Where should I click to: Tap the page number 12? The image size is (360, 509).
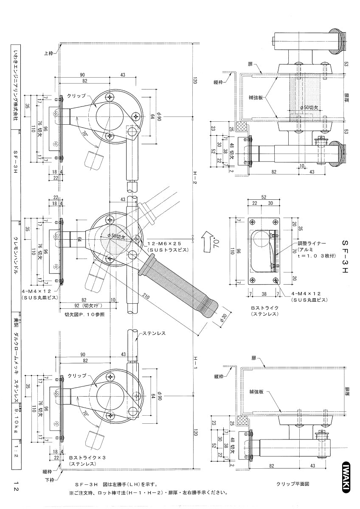point(15,486)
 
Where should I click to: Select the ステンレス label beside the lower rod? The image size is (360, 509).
point(155,333)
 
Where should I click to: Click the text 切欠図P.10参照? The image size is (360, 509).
point(84,315)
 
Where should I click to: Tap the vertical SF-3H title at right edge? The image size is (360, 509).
point(345,257)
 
